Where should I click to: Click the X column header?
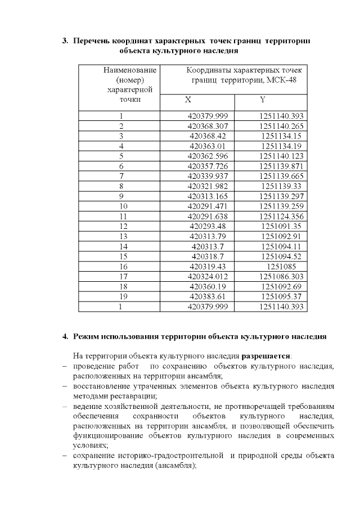[x=188, y=100]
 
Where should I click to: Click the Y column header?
[x=263, y=100]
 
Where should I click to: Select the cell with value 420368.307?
[x=208, y=126]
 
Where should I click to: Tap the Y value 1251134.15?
[x=282, y=136]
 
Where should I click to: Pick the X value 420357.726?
[x=208, y=166]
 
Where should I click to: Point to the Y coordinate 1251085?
[x=282, y=265]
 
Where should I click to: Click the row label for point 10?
[x=121, y=206]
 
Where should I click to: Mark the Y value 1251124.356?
[x=282, y=216]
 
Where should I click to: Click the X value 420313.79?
[x=208, y=236]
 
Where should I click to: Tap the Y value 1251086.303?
[x=282, y=276]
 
